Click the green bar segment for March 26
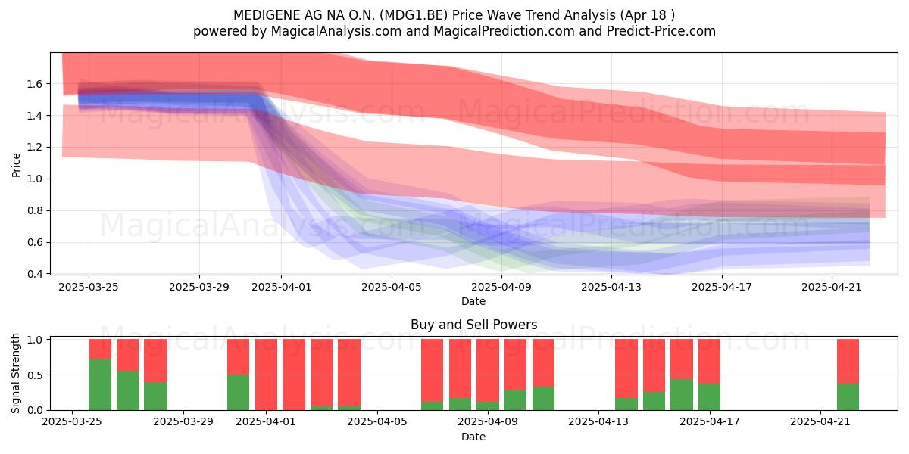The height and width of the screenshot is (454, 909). tap(100, 384)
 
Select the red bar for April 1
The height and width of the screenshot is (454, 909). tap(266, 375)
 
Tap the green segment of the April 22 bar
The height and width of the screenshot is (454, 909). tap(848, 396)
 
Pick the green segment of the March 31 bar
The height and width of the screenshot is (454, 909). tap(238, 393)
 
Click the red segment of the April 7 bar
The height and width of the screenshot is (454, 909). tap(433, 371)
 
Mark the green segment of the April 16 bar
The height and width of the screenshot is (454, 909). tap(682, 395)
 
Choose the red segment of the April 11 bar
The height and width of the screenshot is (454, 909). tap(543, 362)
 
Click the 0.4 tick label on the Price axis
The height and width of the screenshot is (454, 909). tap(34, 274)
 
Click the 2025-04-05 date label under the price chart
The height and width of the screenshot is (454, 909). tap(392, 287)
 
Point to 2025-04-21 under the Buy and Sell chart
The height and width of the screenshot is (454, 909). tap(820, 421)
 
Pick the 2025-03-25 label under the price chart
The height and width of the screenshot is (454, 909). tap(89, 287)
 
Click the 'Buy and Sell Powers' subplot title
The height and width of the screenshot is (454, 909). tap(473, 325)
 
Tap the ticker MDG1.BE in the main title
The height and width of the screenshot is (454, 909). tap(416, 15)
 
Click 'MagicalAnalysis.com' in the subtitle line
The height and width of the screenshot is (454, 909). tap(336, 31)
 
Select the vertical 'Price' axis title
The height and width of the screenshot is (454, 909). tap(16, 165)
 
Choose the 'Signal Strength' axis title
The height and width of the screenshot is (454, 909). tap(15, 373)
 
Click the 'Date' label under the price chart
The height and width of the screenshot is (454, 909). tap(473, 301)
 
